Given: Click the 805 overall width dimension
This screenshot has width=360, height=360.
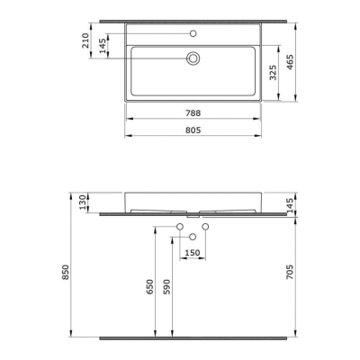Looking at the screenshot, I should (x=193, y=129).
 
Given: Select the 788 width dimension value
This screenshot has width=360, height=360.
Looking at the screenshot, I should (x=193, y=112).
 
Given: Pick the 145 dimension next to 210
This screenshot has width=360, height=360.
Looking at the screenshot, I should (x=103, y=45).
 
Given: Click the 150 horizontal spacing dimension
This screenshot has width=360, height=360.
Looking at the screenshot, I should (x=193, y=254).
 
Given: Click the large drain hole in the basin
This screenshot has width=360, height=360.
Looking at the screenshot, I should (x=193, y=58).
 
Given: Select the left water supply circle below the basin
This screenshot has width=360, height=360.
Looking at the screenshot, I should (x=180, y=225).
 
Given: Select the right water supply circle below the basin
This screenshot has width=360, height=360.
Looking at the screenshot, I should (x=206, y=225).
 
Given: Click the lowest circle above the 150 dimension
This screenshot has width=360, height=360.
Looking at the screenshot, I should (x=193, y=236).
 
